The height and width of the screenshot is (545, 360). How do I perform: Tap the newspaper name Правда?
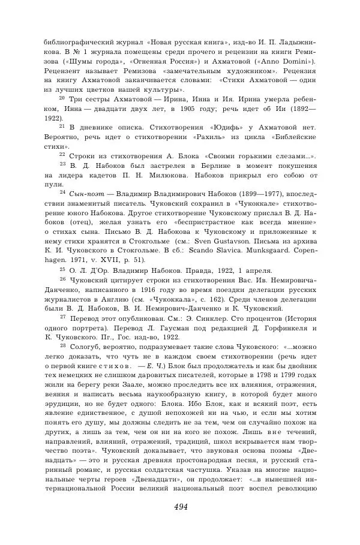[x=188, y=270]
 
